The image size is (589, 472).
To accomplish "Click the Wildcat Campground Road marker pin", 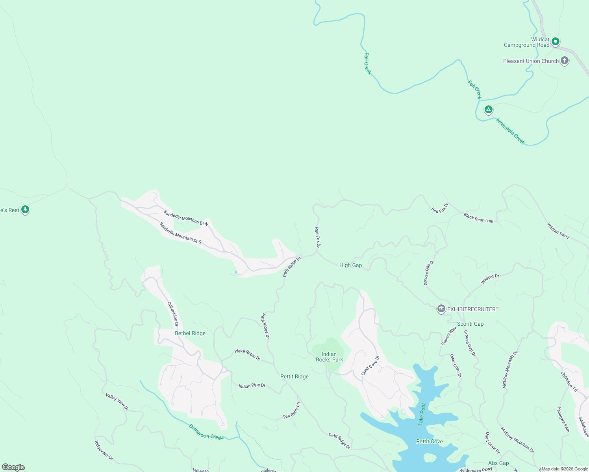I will pyautogui.click(x=556, y=41).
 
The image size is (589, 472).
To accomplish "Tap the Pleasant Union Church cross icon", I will pyautogui.click(x=565, y=61).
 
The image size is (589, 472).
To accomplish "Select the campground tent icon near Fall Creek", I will pyautogui.click(x=489, y=109).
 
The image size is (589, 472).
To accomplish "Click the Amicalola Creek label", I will pyautogui.click(x=510, y=131).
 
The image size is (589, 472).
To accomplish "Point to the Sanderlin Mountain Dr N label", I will pyautogui.click(x=186, y=218).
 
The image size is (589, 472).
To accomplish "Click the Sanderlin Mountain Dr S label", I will pyautogui.click(x=180, y=233).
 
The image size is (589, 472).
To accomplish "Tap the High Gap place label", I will pyautogui.click(x=350, y=265).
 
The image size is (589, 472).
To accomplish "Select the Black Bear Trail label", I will pyautogui.click(x=478, y=218).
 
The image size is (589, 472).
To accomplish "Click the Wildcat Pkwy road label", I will pyautogui.click(x=558, y=230).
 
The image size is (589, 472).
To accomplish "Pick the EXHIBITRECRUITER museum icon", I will pyautogui.click(x=441, y=309).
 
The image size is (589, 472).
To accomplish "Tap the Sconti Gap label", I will pyautogui.click(x=470, y=324).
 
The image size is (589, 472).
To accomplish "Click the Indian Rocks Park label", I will pyautogui.click(x=329, y=357).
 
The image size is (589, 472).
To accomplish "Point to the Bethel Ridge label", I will pyautogui.click(x=190, y=334).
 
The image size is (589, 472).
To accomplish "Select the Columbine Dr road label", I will pyautogui.click(x=173, y=314).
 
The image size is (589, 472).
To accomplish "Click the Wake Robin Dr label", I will pyautogui.click(x=247, y=354).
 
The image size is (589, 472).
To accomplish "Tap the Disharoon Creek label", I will pyautogui.click(x=206, y=431).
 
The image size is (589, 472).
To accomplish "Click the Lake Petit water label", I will pyautogui.click(x=422, y=414).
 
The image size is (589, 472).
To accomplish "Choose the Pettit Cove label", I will pyautogui.click(x=429, y=442).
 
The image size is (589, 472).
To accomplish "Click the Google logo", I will pyautogui.click(x=13, y=467).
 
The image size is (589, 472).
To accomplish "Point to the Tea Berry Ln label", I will pyautogui.click(x=291, y=411).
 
